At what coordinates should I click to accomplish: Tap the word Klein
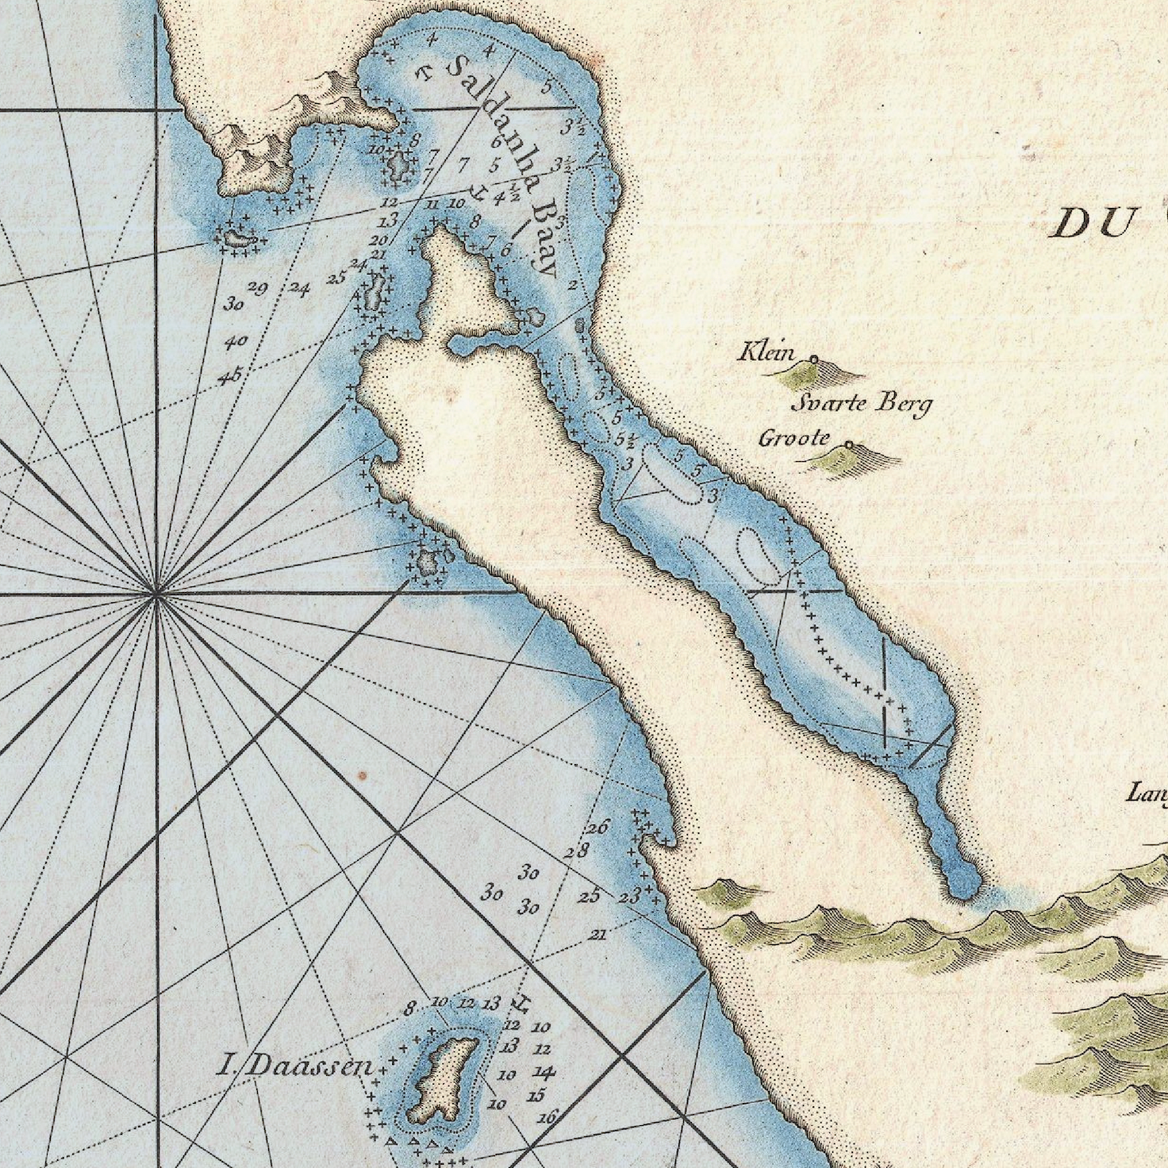pos(766,351)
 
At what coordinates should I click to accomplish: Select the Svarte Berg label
pos(862,404)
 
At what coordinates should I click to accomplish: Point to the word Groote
pos(794,437)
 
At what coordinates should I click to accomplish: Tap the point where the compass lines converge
pos(157,592)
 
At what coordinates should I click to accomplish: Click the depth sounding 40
pos(236,343)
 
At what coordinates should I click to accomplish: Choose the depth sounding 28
pos(577,852)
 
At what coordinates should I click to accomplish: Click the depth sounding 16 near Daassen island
pos(547,1117)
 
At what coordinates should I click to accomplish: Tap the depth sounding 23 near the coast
pos(628,897)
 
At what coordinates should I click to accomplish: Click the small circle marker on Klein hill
pos(813,359)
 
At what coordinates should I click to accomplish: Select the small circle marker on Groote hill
pos(848,445)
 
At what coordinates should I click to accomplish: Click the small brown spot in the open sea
pos(362,774)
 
